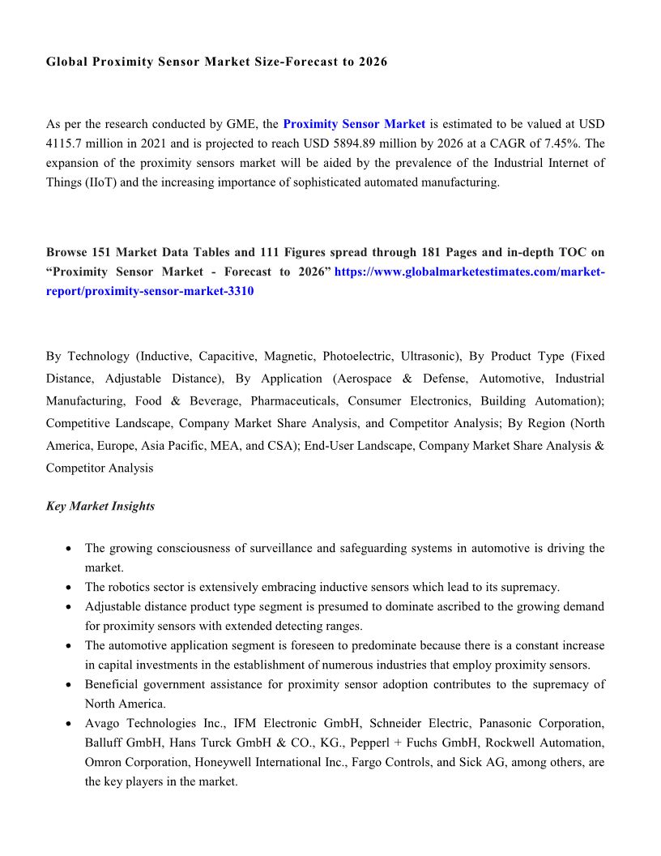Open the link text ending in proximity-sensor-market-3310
150,291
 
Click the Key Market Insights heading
100,506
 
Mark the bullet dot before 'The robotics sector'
70,587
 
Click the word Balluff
104,743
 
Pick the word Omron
102,762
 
